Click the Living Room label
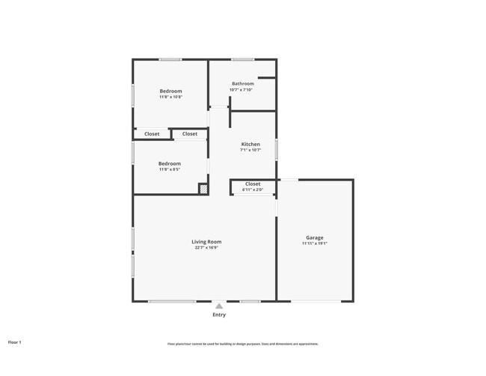pyautogui.click(x=206, y=242)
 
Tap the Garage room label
pyautogui.click(x=314, y=237)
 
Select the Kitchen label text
pyautogui.click(x=250, y=144)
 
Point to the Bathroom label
pyautogui.click(x=243, y=84)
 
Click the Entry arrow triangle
pyautogui.click(x=218, y=306)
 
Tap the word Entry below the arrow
pyautogui.click(x=218, y=315)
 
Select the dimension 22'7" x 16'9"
pyautogui.click(x=206, y=248)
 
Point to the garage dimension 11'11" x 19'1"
pyautogui.click(x=314, y=243)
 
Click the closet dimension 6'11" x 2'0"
pyautogui.click(x=253, y=189)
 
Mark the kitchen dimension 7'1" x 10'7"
pyautogui.click(x=250, y=150)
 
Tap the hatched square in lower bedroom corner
pyautogui.click(x=203, y=189)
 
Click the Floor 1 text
pyautogui.click(x=15, y=342)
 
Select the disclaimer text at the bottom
pyautogui.click(x=242, y=344)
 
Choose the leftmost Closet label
pyautogui.click(x=152, y=134)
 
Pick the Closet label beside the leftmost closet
pyautogui.click(x=190, y=134)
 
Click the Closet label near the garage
pyautogui.click(x=253, y=184)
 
